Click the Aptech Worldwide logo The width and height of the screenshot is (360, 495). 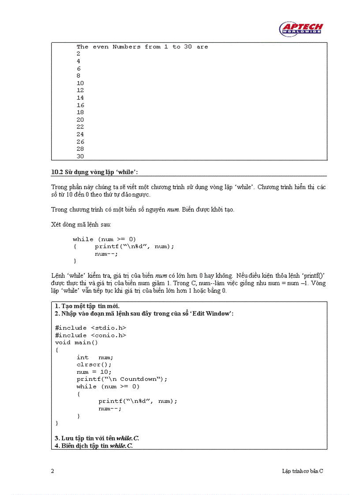[x=301, y=29]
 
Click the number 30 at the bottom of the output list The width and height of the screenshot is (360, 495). [x=80, y=156]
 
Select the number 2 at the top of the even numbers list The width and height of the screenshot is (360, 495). [x=79, y=54]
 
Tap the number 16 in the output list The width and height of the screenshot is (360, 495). [x=80, y=105]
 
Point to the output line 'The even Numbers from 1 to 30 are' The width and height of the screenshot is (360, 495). [x=142, y=47]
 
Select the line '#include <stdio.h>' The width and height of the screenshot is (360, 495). [x=90, y=328]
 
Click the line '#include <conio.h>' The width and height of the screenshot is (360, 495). [x=90, y=335]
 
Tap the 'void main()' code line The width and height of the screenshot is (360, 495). [x=76, y=342]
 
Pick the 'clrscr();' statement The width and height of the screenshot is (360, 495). [x=94, y=365]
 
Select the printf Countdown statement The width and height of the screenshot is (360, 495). [x=122, y=379]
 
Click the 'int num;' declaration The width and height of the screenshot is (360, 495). [x=94, y=357]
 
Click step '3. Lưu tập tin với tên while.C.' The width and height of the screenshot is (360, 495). [x=97, y=438]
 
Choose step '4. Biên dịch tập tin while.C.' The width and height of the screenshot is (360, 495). [x=94, y=446]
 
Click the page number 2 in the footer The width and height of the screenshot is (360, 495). [x=53, y=471]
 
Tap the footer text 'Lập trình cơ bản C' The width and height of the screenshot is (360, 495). [x=303, y=471]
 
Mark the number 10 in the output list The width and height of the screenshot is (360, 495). [x=80, y=83]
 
